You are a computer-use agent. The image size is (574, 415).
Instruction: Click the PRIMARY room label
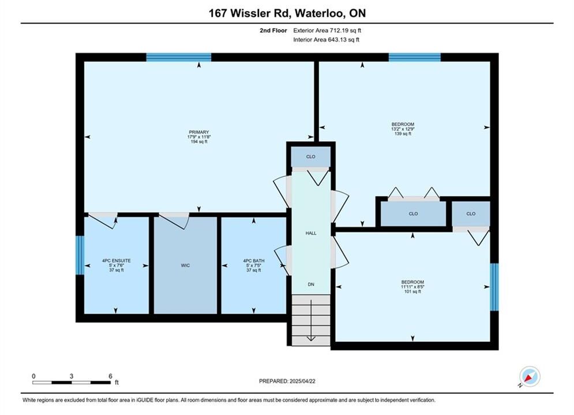tap(199, 132)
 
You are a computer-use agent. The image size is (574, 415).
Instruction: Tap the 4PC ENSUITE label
tap(117, 261)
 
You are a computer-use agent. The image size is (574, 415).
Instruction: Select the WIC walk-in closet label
tap(185, 266)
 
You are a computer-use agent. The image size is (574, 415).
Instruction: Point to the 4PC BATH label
tap(254, 261)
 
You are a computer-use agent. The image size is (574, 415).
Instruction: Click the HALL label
tap(311, 233)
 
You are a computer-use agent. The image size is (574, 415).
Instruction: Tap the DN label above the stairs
tap(311, 284)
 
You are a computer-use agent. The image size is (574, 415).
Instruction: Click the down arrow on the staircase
tap(311, 320)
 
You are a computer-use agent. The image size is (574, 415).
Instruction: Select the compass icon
tap(530, 376)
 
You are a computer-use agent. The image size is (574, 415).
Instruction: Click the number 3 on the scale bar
tap(72, 376)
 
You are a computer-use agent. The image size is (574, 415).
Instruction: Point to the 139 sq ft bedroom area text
tap(403, 134)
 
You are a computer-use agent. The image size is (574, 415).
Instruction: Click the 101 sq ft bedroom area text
tap(412, 292)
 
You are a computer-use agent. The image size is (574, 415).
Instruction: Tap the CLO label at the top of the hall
tap(310, 157)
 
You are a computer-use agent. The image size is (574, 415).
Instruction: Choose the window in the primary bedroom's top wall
tap(179, 57)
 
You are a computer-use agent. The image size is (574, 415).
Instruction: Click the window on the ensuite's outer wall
tap(80, 255)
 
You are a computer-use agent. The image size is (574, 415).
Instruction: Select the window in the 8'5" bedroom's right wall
tap(494, 287)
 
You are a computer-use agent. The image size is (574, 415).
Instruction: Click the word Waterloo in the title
tap(319, 13)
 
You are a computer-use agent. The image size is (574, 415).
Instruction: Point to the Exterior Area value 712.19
tap(340, 31)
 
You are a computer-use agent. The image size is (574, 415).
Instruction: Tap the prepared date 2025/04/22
tap(302, 381)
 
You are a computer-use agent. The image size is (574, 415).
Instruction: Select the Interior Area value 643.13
tap(338, 40)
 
